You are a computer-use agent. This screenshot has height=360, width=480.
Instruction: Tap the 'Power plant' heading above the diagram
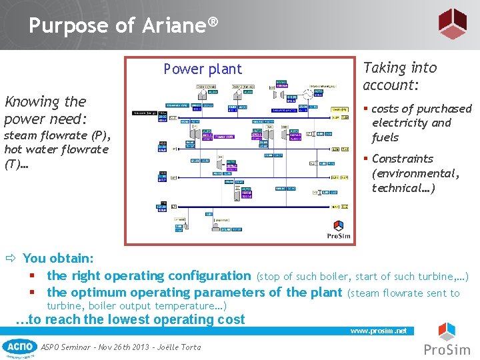pos(203,69)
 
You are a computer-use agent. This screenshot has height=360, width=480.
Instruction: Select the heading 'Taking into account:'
pos(399,76)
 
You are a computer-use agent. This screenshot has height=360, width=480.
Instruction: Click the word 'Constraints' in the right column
pos(402,159)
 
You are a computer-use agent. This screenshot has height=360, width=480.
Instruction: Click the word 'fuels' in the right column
pos(385,137)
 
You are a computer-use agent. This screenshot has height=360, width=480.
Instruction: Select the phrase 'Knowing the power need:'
pos(45,110)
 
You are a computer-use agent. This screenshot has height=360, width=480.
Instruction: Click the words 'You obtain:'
pos(58,258)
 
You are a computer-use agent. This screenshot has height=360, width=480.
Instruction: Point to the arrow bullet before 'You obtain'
pos(11,259)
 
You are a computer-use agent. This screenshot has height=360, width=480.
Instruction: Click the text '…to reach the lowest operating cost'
pos(130,319)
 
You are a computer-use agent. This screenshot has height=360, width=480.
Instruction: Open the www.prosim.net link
pos(378,331)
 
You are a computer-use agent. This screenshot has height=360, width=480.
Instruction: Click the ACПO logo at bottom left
pos(20,347)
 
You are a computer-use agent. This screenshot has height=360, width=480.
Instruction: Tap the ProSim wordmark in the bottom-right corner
pos(447,349)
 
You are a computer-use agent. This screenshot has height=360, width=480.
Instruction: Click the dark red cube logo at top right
pos(452,24)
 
